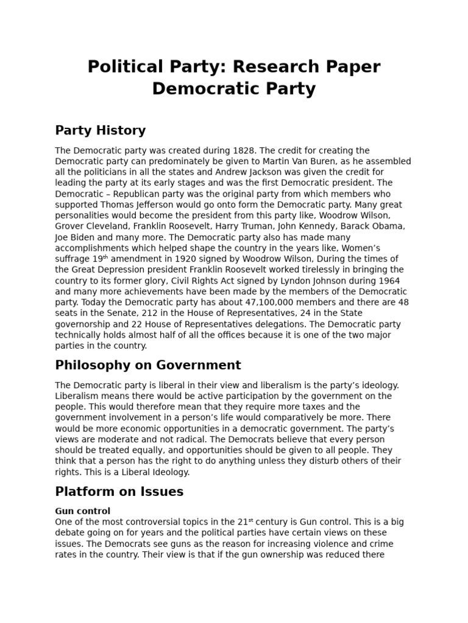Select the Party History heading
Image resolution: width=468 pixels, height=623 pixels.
coord(100,130)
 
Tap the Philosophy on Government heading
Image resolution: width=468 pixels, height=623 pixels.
coord(148,365)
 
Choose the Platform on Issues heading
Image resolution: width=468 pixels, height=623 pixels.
coord(119,491)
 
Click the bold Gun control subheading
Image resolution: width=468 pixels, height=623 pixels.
coord(82,511)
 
